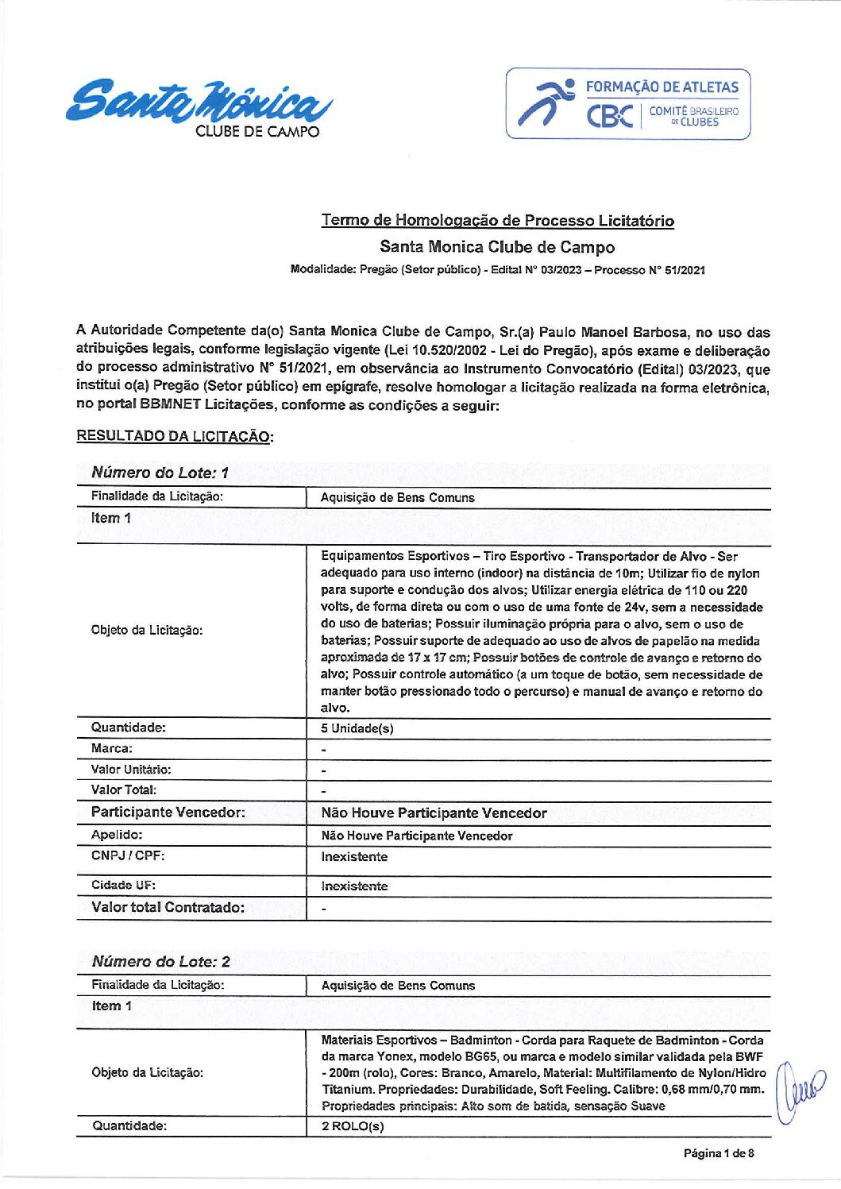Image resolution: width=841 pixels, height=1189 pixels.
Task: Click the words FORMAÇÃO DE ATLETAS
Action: click(x=662, y=87)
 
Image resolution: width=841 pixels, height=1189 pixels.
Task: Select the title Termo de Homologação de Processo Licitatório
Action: click(x=497, y=220)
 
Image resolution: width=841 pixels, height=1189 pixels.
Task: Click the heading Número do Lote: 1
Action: click(x=160, y=473)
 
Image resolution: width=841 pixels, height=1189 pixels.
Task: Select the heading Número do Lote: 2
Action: click(x=160, y=961)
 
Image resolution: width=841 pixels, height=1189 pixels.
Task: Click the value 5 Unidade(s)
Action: click(x=357, y=728)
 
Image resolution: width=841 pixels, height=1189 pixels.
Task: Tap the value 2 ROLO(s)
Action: click(x=353, y=1126)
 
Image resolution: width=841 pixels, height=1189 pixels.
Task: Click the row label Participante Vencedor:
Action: click(x=168, y=812)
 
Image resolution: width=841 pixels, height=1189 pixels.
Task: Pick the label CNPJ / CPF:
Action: click(x=128, y=855)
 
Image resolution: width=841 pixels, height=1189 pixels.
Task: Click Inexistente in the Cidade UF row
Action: click(x=354, y=886)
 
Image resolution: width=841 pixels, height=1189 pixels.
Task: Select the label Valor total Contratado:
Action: click(x=168, y=907)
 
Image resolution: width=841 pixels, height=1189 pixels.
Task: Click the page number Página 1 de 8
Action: click(x=718, y=1152)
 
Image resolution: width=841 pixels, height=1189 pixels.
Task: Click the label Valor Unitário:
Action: click(x=130, y=769)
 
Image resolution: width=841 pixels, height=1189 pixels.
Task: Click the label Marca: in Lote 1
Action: click(x=111, y=748)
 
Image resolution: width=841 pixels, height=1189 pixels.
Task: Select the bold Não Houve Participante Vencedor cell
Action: click(x=434, y=813)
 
